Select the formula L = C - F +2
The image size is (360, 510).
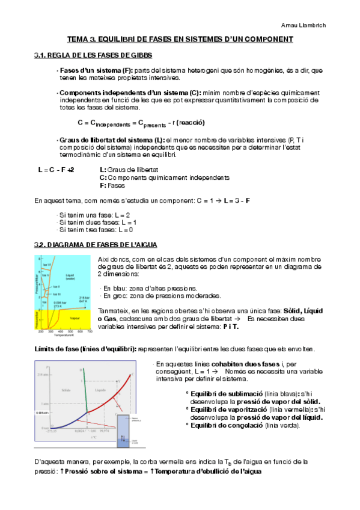[x=56, y=170]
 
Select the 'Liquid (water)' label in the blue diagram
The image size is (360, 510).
[x=70, y=278]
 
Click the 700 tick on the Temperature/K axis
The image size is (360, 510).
[x=90, y=331]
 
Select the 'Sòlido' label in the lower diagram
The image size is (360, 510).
[x=67, y=390]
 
